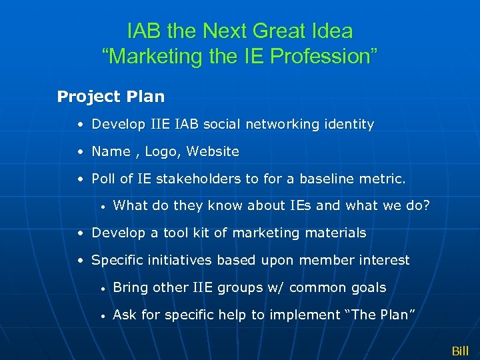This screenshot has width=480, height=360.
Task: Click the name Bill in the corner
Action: pos(460,351)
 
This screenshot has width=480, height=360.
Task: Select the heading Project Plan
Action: pos(111,97)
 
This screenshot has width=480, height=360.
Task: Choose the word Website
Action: pos(213,151)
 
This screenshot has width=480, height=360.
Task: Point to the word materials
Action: pos(333,233)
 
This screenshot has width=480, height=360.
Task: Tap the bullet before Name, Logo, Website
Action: pos(80,152)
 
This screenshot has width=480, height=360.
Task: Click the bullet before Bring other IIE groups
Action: pos(103,288)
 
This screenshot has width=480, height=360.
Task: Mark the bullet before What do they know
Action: pos(103,206)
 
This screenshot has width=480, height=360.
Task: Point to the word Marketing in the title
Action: pos(151,57)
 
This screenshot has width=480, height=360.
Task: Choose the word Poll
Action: pos(103,179)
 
